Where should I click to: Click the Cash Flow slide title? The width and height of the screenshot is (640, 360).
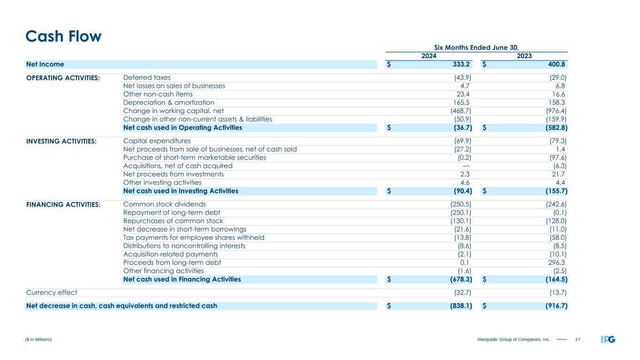pyautogui.click(x=63, y=37)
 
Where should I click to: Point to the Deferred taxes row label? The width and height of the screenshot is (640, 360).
pyautogui.click(x=147, y=77)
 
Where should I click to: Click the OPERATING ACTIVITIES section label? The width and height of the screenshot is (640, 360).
pyautogui.click(x=63, y=78)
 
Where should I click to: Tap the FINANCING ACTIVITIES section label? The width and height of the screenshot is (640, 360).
pyautogui.click(x=63, y=205)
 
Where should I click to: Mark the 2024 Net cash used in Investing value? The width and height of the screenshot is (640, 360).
pyautogui.click(x=459, y=191)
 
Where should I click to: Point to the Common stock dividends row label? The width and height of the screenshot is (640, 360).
pyautogui.click(x=164, y=204)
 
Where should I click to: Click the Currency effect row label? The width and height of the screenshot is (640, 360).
pyautogui.click(x=52, y=292)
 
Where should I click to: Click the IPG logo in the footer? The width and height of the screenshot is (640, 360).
pyautogui.click(x=608, y=339)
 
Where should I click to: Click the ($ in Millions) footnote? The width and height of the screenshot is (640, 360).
pyautogui.click(x=39, y=339)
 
